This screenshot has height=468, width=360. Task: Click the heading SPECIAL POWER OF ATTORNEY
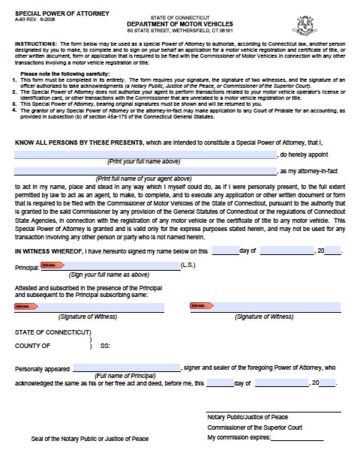click(62, 13)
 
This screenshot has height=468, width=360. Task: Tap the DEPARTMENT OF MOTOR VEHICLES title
click(180, 24)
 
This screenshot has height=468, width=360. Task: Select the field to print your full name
click(145, 155)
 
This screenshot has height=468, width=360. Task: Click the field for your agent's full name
click(145, 171)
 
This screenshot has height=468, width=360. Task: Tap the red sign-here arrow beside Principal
click(52, 265)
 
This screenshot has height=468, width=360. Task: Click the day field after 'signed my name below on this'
click(225, 251)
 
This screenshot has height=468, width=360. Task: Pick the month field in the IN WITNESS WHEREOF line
click(287, 251)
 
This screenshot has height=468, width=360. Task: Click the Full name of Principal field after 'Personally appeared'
click(127, 368)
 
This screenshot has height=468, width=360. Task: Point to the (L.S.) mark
click(188, 265)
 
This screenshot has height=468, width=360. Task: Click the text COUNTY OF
click(32, 346)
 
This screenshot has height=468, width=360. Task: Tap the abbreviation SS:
click(105, 346)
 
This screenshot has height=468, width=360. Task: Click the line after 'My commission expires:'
click(297, 438)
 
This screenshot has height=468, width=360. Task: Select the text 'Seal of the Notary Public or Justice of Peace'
click(90, 439)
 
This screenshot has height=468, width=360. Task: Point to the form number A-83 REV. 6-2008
click(35, 19)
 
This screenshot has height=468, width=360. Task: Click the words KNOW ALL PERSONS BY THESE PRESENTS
click(79, 143)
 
